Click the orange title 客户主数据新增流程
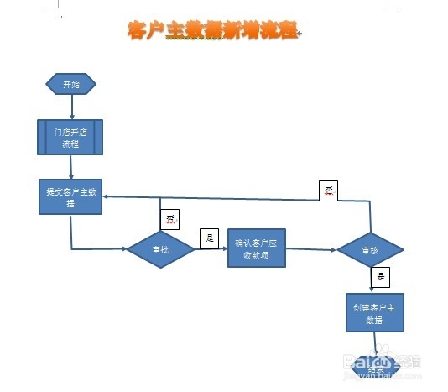212,31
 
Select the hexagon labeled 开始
70,84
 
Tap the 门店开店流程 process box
70,138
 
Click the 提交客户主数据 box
70,198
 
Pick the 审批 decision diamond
160,249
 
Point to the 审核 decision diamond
370,250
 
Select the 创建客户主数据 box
374,314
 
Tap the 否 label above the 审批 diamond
170,221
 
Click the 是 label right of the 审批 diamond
210,238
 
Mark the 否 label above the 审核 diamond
329,190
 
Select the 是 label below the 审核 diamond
381,276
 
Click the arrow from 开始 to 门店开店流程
71,107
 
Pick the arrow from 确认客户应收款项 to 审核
312,249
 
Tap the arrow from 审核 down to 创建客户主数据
370,281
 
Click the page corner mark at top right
388,4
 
